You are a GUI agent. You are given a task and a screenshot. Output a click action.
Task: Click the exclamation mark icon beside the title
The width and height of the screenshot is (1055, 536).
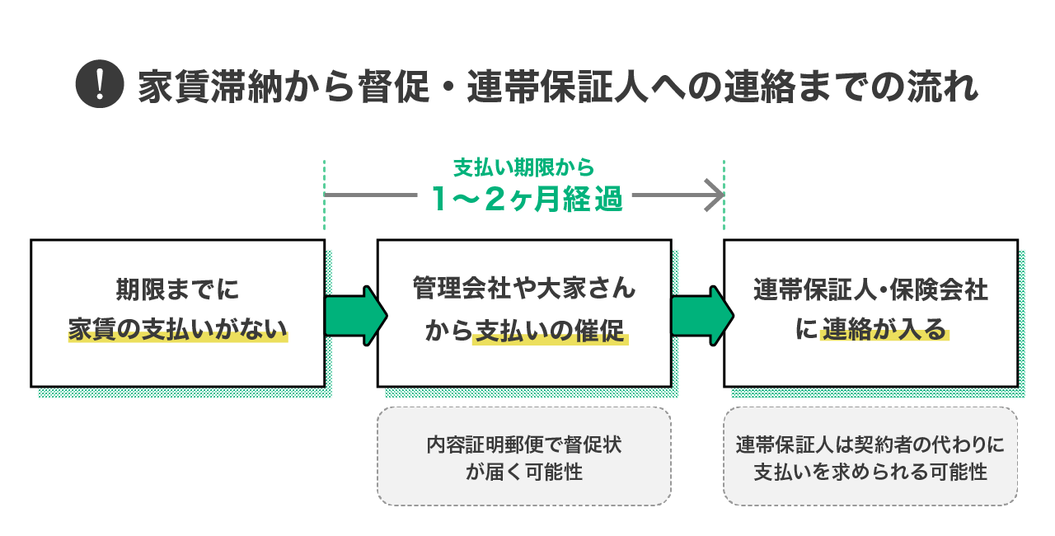coord(98,85)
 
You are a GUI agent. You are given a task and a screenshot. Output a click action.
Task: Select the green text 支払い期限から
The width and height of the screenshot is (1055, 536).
coord(523,168)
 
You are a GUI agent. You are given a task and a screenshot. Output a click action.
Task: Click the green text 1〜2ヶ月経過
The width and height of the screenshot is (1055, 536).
coord(527,199)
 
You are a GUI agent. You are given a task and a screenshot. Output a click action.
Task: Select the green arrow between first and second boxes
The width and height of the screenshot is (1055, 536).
coord(355,313)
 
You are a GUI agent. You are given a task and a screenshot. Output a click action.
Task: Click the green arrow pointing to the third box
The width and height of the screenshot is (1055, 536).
coord(701,313)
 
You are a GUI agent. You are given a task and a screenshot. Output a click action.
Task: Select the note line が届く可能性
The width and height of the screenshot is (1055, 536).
coord(524,472)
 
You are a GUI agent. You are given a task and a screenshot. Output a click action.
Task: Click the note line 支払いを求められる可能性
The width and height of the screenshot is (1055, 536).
coord(870,472)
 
